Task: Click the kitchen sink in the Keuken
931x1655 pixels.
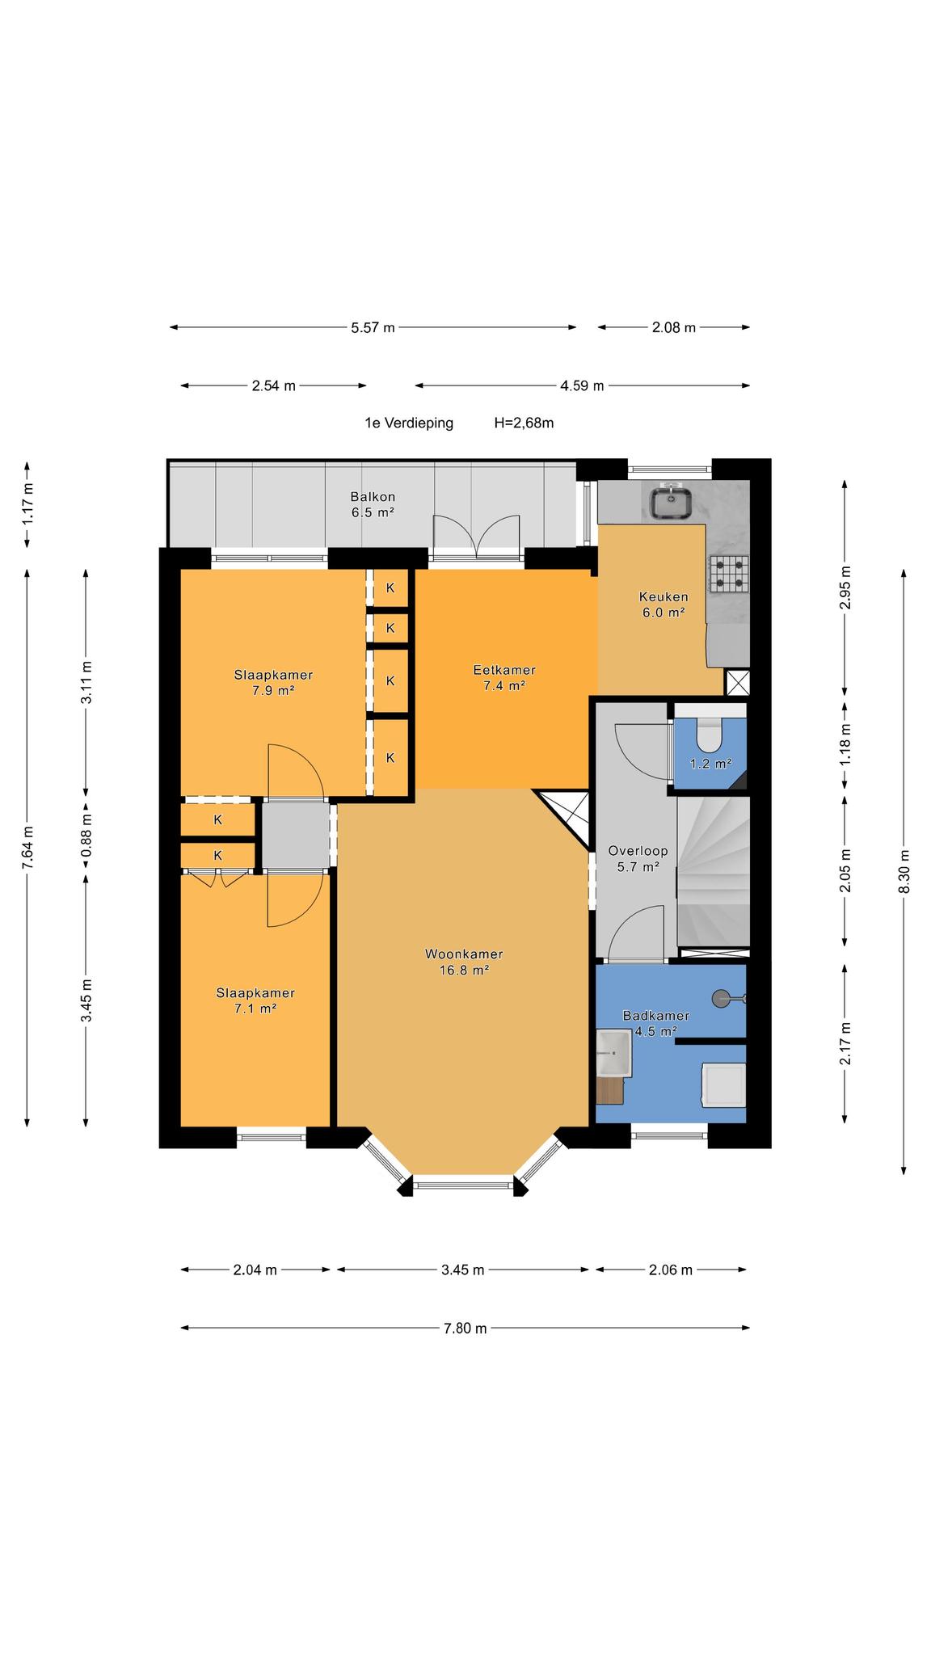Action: (670, 502)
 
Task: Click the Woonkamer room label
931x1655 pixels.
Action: (464, 954)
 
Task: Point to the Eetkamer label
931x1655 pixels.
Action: (504, 670)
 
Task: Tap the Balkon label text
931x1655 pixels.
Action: (373, 497)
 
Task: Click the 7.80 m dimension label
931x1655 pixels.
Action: (465, 1328)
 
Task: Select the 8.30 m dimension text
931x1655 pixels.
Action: (904, 871)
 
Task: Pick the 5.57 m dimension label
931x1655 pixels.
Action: (373, 327)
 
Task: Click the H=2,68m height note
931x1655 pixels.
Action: (524, 423)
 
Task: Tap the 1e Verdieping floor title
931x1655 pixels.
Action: (409, 423)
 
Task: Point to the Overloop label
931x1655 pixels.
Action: (638, 851)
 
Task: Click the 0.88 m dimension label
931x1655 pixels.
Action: (86, 833)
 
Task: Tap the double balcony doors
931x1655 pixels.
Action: (475, 537)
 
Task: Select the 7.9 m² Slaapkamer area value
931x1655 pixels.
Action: (273, 690)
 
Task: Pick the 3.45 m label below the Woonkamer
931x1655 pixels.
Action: (463, 1270)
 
